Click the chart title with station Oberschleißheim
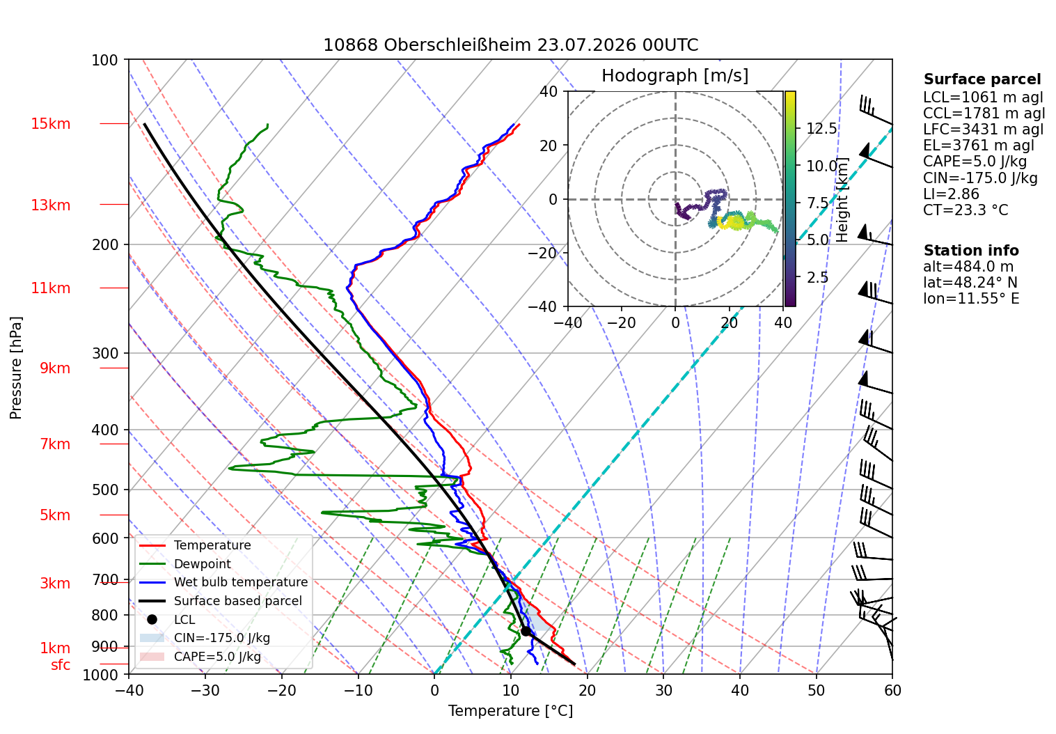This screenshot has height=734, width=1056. [510, 45]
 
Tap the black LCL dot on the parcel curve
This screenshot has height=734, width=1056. [526, 631]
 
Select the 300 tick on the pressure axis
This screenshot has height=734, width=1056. [106, 353]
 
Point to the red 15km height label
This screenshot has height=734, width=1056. [50, 124]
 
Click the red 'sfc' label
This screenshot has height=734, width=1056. [61, 664]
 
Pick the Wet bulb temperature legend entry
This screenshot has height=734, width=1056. [223, 582]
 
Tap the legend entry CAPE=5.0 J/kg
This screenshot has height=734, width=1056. [200, 657]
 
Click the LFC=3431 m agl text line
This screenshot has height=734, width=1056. [983, 130]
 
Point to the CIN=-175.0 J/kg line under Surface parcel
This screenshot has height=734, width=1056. [980, 178]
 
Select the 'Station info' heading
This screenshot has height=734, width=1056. [970, 251]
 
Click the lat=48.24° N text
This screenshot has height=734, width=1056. [970, 283]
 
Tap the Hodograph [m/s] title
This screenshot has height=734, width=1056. [675, 75]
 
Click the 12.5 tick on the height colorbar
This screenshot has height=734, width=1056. [821, 128]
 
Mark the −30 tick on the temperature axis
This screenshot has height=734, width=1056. [205, 691]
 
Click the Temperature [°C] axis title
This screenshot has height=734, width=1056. [510, 711]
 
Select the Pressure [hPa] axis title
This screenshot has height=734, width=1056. [15, 368]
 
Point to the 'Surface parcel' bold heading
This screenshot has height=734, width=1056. [982, 79]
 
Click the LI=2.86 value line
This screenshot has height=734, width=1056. [951, 194]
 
